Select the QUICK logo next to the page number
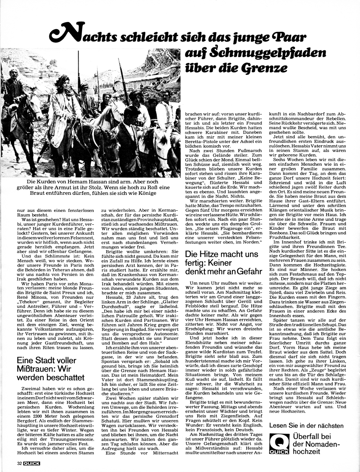(x=32, y=463)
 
